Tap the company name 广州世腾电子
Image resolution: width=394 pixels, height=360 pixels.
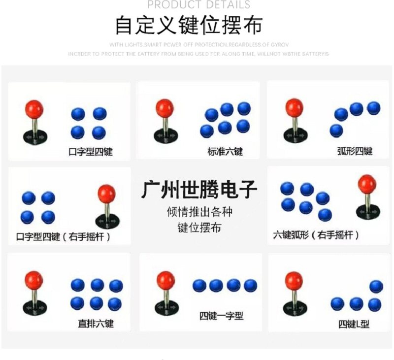pyautogui.click(x=199, y=190)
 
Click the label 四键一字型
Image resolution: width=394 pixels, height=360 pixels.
pyautogui.click(x=221, y=316)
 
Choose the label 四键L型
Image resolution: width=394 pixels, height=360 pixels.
pyautogui.click(x=354, y=324)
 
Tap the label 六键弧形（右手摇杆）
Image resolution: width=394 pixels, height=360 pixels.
pyautogui.click(x=317, y=235)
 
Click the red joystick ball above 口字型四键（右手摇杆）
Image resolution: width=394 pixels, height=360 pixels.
pyautogui.click(x=106, y=194)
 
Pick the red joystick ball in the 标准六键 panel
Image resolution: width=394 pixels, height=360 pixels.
pyautogui.click(x=164, y=107)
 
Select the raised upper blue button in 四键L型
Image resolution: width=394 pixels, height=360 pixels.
pyautogui.click(x=376, y=286)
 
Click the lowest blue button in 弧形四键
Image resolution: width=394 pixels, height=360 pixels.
pyautogui.click(x=336, y=131)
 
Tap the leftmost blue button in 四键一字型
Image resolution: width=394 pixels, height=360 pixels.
pyautogui.click(x=199, y=286)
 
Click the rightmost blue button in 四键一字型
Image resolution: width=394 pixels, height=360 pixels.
pyautogui.click(x=250, y=286)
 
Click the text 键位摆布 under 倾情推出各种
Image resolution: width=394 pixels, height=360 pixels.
pyautogui.click(x=199, y=228)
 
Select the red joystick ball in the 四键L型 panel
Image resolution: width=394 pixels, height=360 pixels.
pyautogui.click(x=294, y=281)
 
